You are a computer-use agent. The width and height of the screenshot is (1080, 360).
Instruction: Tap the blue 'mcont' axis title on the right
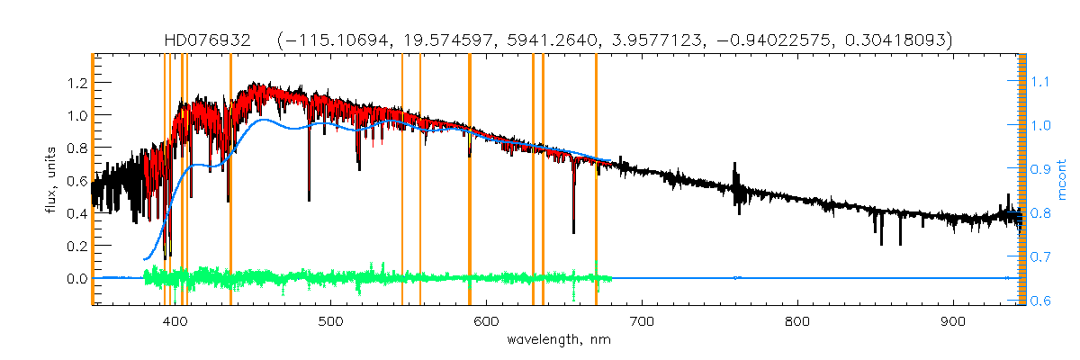[x=1062, y=180]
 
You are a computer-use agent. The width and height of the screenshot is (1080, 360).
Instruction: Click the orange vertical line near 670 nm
[x=596, y=180]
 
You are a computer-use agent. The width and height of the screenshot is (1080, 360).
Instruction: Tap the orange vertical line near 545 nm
[x=401, y=180]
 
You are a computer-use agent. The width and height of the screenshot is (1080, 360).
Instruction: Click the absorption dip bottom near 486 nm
[x=309, y=199]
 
